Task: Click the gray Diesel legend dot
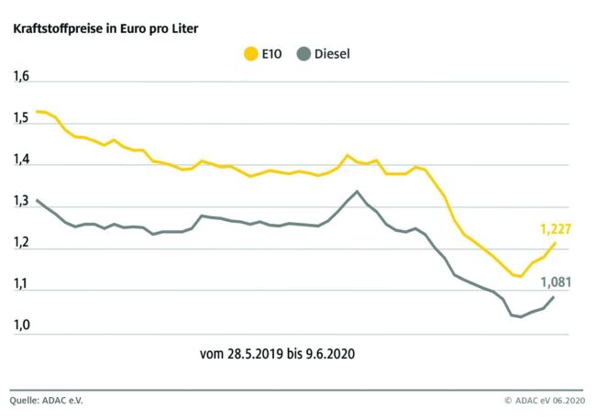(x=303, y=54)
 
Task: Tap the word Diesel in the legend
(x=332, y=54)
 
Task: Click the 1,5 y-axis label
(x=21, y=118)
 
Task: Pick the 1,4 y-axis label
(x=21, y=160)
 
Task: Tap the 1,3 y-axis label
(x=21, y=202)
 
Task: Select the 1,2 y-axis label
(x=21, y=243)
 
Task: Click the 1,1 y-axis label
(x=21, y=285)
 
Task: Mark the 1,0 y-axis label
(x=21, y=326)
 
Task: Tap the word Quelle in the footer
(x=26, y=401)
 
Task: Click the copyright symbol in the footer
(x=507, y=401)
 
